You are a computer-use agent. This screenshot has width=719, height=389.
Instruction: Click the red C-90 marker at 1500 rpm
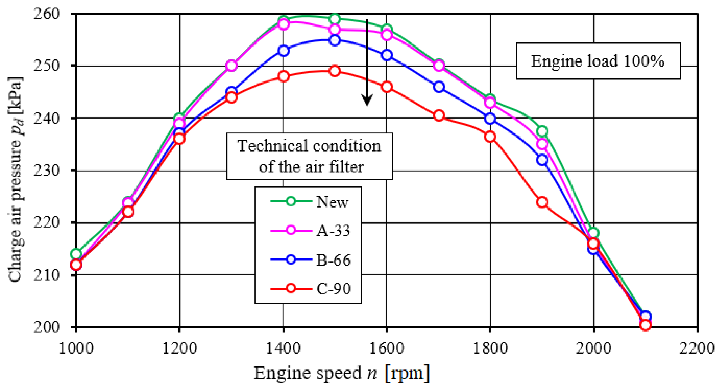[x=335, y=71]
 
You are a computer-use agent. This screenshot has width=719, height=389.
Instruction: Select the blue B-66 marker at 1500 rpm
[x=335, y=40]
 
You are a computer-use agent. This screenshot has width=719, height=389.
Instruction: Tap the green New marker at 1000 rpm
[x=76, y=254]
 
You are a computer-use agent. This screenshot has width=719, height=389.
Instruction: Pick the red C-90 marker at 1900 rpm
[x=542, y=202]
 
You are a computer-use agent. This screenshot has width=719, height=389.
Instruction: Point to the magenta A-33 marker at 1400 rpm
[x=283, y=24]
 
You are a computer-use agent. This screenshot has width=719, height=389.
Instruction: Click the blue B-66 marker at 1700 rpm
[x=439, y=87]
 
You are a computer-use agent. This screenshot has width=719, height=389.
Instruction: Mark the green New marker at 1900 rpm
[x=542, y=131]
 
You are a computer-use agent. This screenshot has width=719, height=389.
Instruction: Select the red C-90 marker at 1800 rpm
[x=490, y=137]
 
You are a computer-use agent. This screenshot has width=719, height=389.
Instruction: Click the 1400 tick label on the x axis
[x=283, y=349]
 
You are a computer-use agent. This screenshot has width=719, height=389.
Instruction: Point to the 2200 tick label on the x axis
[x=697, y=349]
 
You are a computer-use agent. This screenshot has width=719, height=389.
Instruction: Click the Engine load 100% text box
[x=598, y=61]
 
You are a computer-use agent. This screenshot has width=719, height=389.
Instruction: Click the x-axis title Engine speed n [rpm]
[x=341, y=373]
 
